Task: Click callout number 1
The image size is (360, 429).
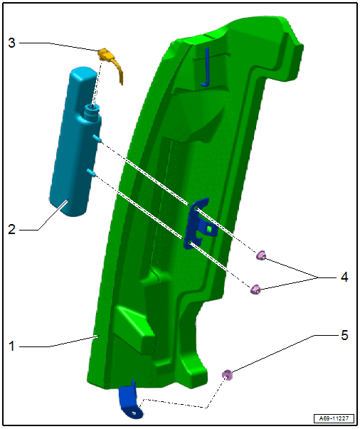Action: click(x=11, y=346)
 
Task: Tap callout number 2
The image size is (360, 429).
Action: click(x=11, y=229)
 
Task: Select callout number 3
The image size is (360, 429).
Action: click(x=11, y=43)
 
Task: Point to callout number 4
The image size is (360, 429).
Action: click(x=344, y=277)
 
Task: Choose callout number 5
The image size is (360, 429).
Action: click(x=344, y=335)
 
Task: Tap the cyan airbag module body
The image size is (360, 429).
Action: click(x=76, y=142)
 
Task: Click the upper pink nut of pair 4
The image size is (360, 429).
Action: click(x=261, y=255)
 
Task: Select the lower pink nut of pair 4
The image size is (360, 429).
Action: click(x=255, y=290)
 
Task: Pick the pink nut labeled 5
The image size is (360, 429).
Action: click(x=227, y=375)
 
